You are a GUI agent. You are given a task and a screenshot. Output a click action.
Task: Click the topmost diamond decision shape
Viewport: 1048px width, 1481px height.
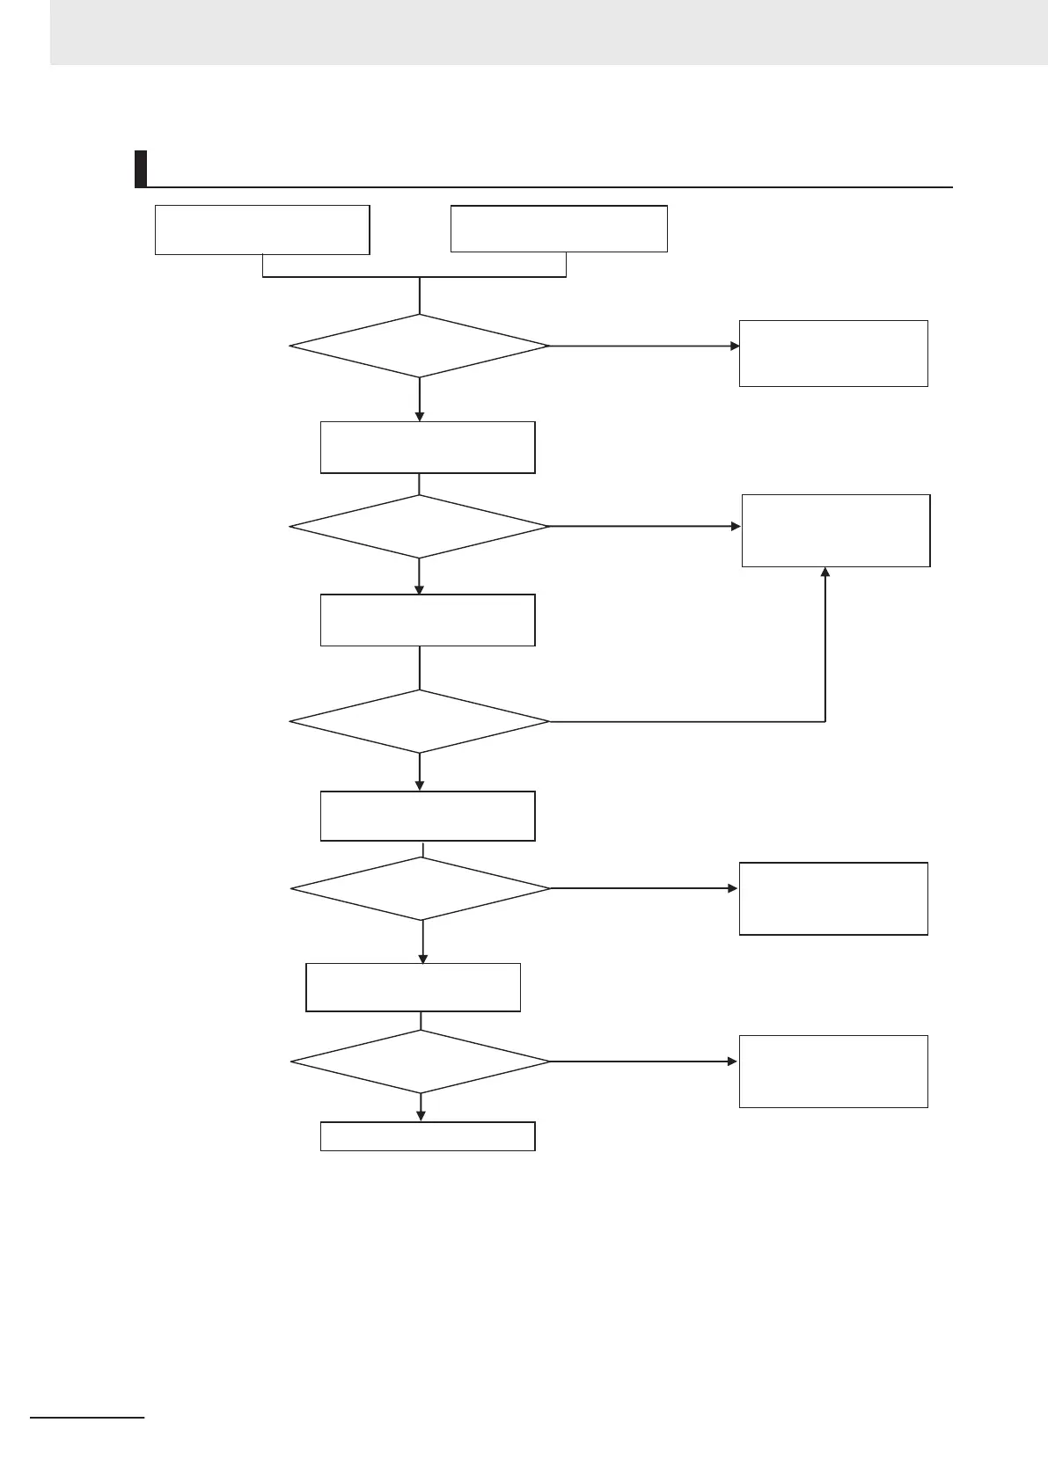(419, 346)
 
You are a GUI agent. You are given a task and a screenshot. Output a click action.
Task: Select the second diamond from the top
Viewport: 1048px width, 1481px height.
(419, 526)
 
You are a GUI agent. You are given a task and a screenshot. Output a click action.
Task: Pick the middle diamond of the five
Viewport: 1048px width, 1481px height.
(419, 721)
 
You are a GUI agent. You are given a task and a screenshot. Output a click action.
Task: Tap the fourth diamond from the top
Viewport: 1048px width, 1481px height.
(421, 888)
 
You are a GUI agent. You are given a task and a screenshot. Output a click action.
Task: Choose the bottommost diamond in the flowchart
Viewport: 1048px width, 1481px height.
(421, 1062)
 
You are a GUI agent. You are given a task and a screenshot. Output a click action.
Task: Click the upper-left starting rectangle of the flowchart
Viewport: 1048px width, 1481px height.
(262, 230)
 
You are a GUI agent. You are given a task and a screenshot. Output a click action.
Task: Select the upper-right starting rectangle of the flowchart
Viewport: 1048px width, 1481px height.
(559, 229)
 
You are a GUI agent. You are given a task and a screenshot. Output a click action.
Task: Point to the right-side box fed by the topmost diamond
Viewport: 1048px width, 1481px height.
(833, 353)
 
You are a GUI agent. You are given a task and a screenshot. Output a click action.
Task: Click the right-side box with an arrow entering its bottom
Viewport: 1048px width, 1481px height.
(836, 530)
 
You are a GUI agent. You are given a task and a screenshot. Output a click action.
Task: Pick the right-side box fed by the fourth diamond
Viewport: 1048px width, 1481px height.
(833, 898)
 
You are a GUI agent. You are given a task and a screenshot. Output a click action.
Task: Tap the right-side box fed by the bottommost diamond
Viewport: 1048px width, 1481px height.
(833, 1071)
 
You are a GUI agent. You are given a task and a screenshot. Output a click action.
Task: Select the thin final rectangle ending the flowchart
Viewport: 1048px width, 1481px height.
(428, 1136)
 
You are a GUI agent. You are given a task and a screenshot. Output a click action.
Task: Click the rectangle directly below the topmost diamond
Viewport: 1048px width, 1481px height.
(428, 447)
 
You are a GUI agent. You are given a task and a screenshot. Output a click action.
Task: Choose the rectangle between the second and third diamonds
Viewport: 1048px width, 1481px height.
(428, 620)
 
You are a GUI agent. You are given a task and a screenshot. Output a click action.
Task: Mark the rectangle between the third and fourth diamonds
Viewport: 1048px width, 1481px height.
(428, 816)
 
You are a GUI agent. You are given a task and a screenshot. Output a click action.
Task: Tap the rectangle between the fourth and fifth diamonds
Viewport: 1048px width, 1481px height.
(413, 988)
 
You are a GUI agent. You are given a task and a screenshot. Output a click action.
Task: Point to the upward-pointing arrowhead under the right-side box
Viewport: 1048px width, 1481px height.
(825, 573)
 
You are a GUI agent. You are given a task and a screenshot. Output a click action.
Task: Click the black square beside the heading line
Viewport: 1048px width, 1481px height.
(140, 169)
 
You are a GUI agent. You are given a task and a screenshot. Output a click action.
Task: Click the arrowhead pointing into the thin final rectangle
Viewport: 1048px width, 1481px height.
(421, 1116)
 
